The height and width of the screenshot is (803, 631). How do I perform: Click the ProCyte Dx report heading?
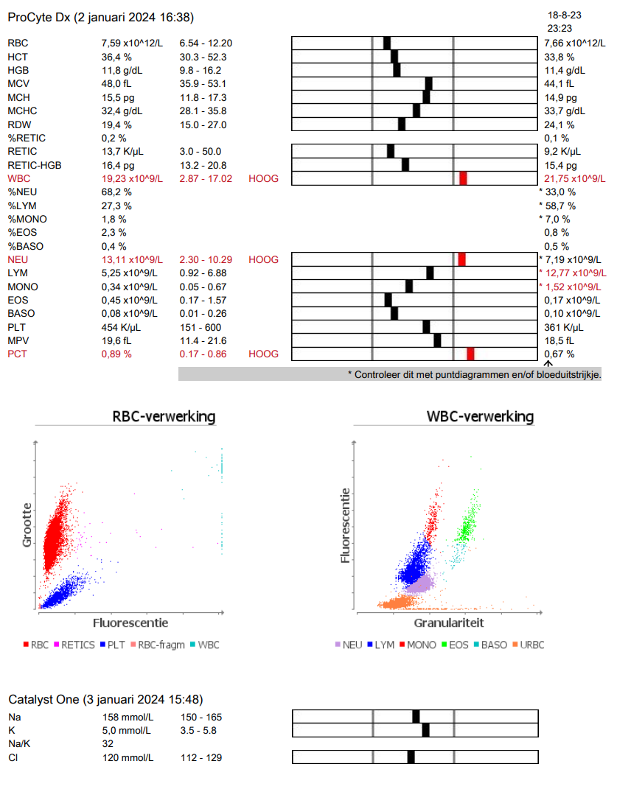point(101,17)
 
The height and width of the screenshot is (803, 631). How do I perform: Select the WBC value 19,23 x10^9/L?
point(132,178)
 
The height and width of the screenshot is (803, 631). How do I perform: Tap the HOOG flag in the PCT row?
point(264,354)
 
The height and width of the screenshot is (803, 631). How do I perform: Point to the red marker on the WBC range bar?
point(463,178)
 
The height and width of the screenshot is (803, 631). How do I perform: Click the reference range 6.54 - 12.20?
point(206,43)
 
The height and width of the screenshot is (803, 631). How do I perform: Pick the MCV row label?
point(18,83)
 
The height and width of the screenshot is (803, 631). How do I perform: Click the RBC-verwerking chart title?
point(164,417)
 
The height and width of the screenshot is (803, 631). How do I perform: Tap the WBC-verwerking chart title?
point(480,417)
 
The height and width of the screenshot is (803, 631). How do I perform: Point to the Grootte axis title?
point(27,525)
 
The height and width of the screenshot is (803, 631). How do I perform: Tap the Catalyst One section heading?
point(105,698)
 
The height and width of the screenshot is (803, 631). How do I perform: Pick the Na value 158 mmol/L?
point(127,717)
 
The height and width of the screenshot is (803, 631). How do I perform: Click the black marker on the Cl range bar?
point(411,757)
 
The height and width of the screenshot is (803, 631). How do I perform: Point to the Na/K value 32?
point(107,744)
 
